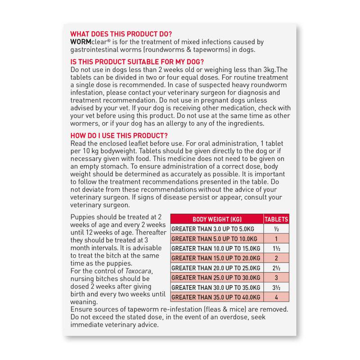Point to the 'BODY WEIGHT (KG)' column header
(217, 219)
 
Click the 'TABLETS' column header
(276, 219)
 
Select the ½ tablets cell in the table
(276, 229)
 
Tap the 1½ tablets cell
(276, 248)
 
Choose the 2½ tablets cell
(276, 268)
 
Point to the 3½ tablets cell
(276, 288)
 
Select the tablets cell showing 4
(276, 297)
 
